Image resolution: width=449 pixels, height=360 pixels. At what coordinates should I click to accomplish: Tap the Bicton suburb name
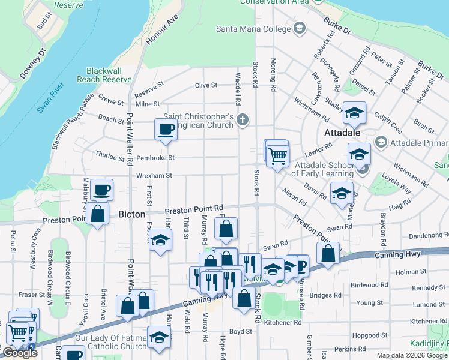point(131,214)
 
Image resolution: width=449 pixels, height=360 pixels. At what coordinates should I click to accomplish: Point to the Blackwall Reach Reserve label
point(109,75)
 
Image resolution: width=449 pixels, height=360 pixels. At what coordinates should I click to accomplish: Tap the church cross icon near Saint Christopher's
point(242,119)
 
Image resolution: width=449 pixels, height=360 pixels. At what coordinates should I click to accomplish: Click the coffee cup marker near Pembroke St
point(166,129)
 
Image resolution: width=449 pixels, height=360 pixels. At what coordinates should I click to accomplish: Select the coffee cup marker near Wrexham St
point(101,190)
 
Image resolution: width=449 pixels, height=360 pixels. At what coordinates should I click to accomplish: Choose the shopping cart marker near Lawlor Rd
point(277,155)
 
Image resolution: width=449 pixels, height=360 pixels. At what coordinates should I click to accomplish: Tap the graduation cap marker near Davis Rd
point(342,193)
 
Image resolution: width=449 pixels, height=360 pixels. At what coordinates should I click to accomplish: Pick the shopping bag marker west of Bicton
point(97,213)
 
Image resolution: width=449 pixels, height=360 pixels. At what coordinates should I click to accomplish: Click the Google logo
point(20,353)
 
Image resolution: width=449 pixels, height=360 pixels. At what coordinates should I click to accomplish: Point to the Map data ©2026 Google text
point(412,355)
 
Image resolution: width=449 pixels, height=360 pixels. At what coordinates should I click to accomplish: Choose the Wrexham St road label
point(154,176)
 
